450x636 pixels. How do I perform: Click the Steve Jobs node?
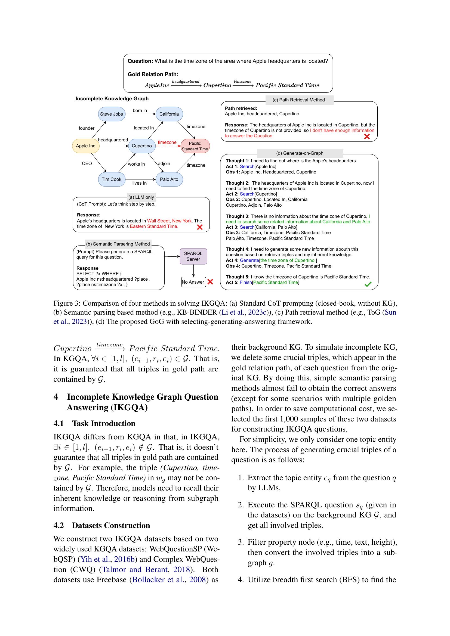[111, 114]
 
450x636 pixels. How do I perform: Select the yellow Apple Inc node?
[86, 146]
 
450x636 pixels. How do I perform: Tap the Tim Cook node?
[111, 179]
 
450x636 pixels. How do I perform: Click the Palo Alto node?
[169, 179]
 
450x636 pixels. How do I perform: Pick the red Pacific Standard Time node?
[195, 146]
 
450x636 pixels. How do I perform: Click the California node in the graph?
[169, 114]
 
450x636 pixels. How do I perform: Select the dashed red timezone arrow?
[168, 146]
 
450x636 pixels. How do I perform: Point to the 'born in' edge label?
[140, 110]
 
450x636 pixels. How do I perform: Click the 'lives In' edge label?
[139, 183]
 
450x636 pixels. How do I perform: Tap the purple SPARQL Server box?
[193, 256]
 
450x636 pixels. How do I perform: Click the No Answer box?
[193, 282]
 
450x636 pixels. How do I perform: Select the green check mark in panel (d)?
[368, 284]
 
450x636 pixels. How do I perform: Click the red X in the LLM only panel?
[199, 227]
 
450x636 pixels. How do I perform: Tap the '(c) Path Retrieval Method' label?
[299, 100]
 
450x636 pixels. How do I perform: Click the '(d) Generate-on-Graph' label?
[300, 153]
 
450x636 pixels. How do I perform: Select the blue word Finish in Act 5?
[246, 282]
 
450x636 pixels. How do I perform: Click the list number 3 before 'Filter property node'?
[241, 542]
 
